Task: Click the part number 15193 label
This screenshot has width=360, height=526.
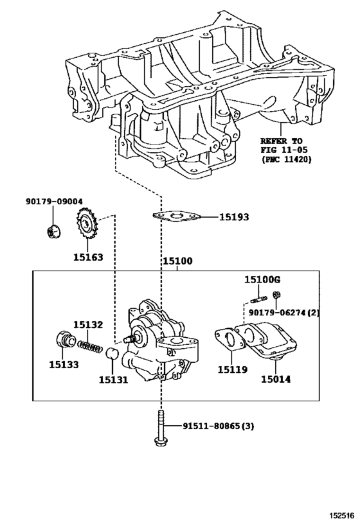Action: [x=234, y=217]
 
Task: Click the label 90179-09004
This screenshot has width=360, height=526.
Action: [x=55, y=201]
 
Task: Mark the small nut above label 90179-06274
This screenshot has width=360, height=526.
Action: [x=276, y=295]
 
